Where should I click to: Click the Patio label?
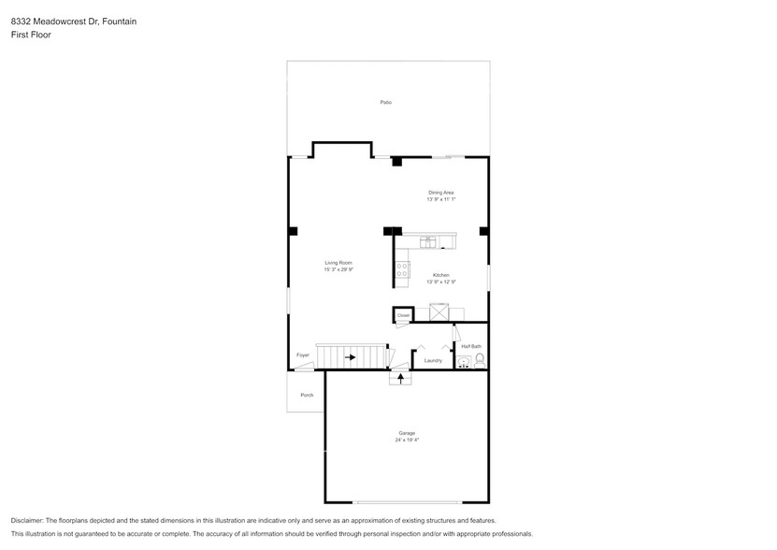[385, 101]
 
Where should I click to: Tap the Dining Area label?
[440, 193]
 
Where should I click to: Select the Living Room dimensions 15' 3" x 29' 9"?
[338, 269]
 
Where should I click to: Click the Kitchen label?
[440, 275]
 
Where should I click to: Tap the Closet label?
[403, 316]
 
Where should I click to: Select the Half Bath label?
[470, 346]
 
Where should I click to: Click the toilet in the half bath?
[481, 360]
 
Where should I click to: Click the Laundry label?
[432, 360]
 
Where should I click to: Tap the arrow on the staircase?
[351, 356]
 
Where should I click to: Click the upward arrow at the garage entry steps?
[401, 378]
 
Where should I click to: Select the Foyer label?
[303, 355]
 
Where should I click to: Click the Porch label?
[307, 396]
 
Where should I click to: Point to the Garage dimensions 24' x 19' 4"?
[407, 439]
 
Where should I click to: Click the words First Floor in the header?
[32, 34]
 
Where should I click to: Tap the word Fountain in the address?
[120, 20]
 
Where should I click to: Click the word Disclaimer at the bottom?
[28, 520]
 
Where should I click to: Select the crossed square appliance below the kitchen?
[439, 311]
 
